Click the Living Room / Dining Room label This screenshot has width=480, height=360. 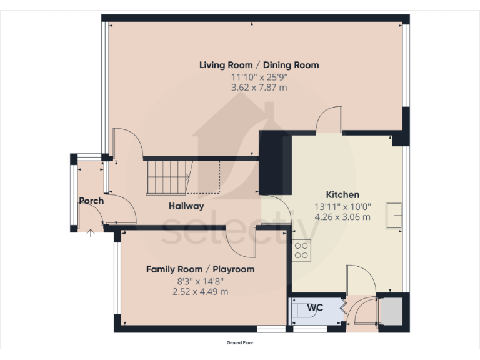tap(259, 65)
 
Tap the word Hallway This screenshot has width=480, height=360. tap(186, 206)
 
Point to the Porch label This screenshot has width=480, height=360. tap(91, 201)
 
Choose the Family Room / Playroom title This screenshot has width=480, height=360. tap(200, 269)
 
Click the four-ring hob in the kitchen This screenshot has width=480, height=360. tap(302, 250)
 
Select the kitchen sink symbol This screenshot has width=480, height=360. tap(394, 215)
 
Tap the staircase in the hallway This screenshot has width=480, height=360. tap(167, 176)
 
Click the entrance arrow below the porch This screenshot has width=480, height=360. tap(91, 234)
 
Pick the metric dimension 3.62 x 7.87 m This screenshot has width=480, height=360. tap(259, 88)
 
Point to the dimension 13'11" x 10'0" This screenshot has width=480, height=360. tap(342, 206)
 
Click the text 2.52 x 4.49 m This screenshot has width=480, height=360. tap(200, 292)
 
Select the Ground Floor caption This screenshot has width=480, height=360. tap(240, 343)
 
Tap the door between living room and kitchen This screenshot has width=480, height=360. tap(330, 120)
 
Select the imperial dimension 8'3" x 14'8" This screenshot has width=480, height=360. tap(200, 281)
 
